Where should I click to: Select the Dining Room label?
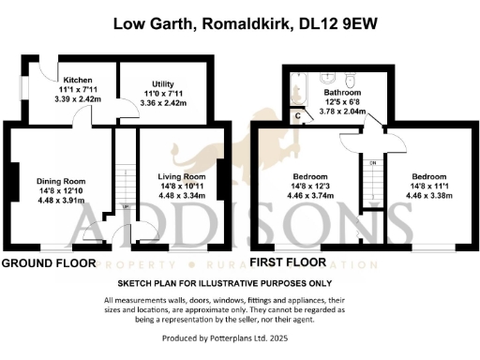(x=61, y=181)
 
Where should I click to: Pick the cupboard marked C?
(x=298, y=116)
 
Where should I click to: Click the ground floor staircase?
(x=125, y=183)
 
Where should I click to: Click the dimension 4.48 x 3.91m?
(x=61, y=199)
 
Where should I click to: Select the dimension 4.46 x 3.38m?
(x=435, y=194)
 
